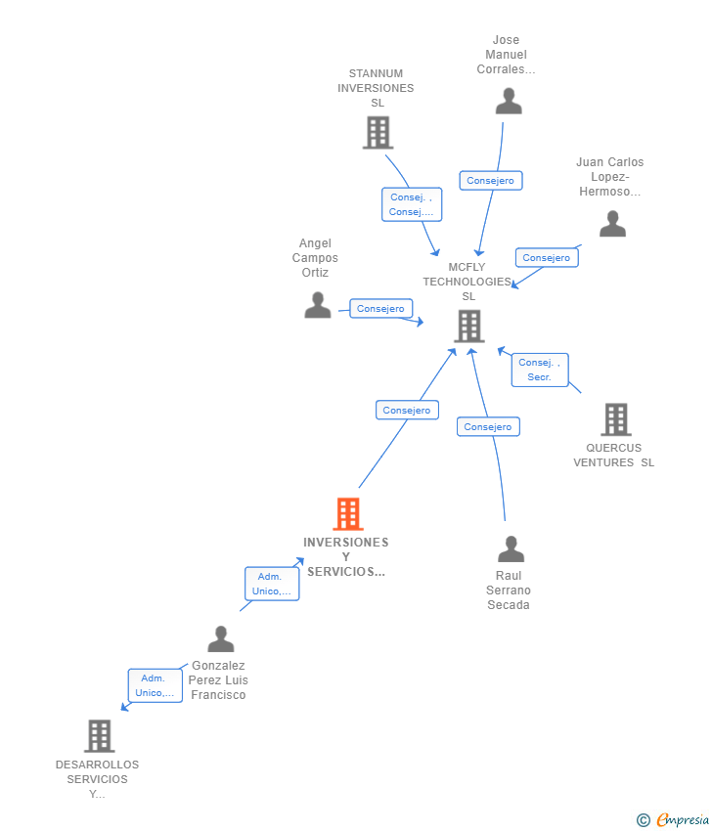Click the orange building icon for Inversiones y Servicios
(347, 513)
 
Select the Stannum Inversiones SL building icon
(378, 132)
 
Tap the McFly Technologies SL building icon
(469, 327)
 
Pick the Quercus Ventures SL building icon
(615, 419)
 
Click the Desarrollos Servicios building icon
(99, 735)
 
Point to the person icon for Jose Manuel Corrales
(509, 102)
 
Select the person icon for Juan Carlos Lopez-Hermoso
(612, 224)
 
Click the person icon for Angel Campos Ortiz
(317, 305)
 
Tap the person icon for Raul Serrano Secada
(511, 549)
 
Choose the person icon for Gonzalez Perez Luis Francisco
(221, 639)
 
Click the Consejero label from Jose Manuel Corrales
(490, 181)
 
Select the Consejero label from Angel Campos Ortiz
(380, 309)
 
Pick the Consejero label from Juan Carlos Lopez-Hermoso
(546, 258)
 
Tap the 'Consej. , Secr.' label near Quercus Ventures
(539, 370)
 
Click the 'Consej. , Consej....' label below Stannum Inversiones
(411, 204)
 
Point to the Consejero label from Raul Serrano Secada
(488, 426)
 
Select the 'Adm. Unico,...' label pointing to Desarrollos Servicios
(155, 685)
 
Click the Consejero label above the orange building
(407, 411)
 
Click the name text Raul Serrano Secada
(509, 590)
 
